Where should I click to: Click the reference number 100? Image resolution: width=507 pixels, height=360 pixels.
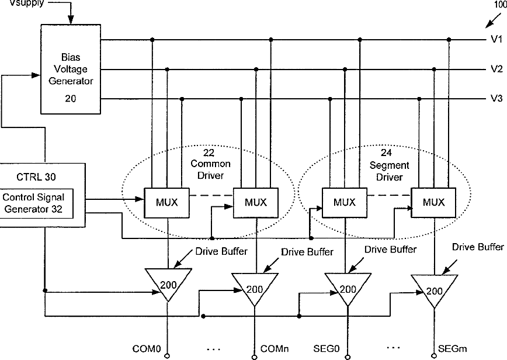coord(499,5)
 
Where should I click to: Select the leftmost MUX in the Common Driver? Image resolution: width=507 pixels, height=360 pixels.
coord(166,202)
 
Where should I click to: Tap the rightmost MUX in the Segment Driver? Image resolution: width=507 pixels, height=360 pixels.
coord(433,202)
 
